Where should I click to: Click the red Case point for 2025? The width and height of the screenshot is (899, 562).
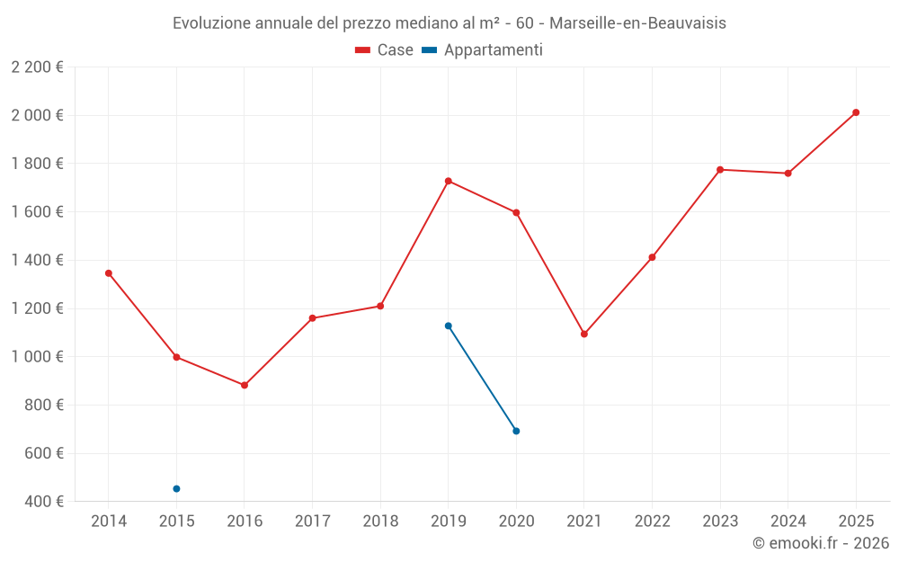tap(856, 112)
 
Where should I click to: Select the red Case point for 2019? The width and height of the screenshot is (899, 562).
tap(448, 181)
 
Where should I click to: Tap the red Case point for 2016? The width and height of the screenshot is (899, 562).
tap(245, 385)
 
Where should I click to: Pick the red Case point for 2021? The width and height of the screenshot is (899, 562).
tap(584, 334)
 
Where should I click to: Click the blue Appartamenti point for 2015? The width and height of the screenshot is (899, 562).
tap(176, 488)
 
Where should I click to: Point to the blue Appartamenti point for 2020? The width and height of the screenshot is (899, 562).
tap(516, 431)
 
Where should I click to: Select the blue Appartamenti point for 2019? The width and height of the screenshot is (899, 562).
tap(448, 326)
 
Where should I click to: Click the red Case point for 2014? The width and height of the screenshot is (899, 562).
tap(109, 273)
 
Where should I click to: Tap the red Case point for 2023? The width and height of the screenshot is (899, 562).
tap(720, 169)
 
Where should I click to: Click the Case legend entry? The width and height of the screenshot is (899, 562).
tap(385, 50)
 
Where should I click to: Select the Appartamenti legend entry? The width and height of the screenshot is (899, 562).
tap(483, 50)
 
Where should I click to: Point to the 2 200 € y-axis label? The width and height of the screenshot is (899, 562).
tap(37, 67)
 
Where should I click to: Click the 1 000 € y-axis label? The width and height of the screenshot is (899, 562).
tap(37, 357)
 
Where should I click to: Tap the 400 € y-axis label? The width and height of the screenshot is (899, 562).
tap(42, 502)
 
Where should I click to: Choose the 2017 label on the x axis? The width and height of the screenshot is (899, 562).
tap(312, 522)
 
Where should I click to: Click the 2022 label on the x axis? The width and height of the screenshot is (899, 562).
tap(652, 522)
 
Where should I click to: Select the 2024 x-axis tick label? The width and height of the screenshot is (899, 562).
tap(788, 522)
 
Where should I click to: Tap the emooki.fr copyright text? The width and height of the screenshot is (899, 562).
tap(820, 543)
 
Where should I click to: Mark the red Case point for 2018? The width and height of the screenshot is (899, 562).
tap(380, 306)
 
